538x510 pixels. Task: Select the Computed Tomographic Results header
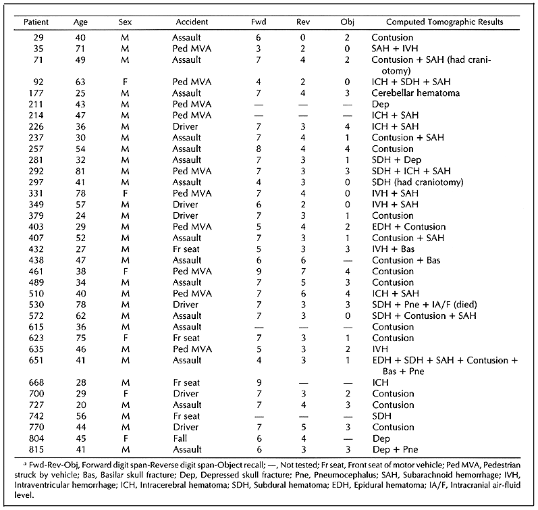(x=436, y=22)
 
